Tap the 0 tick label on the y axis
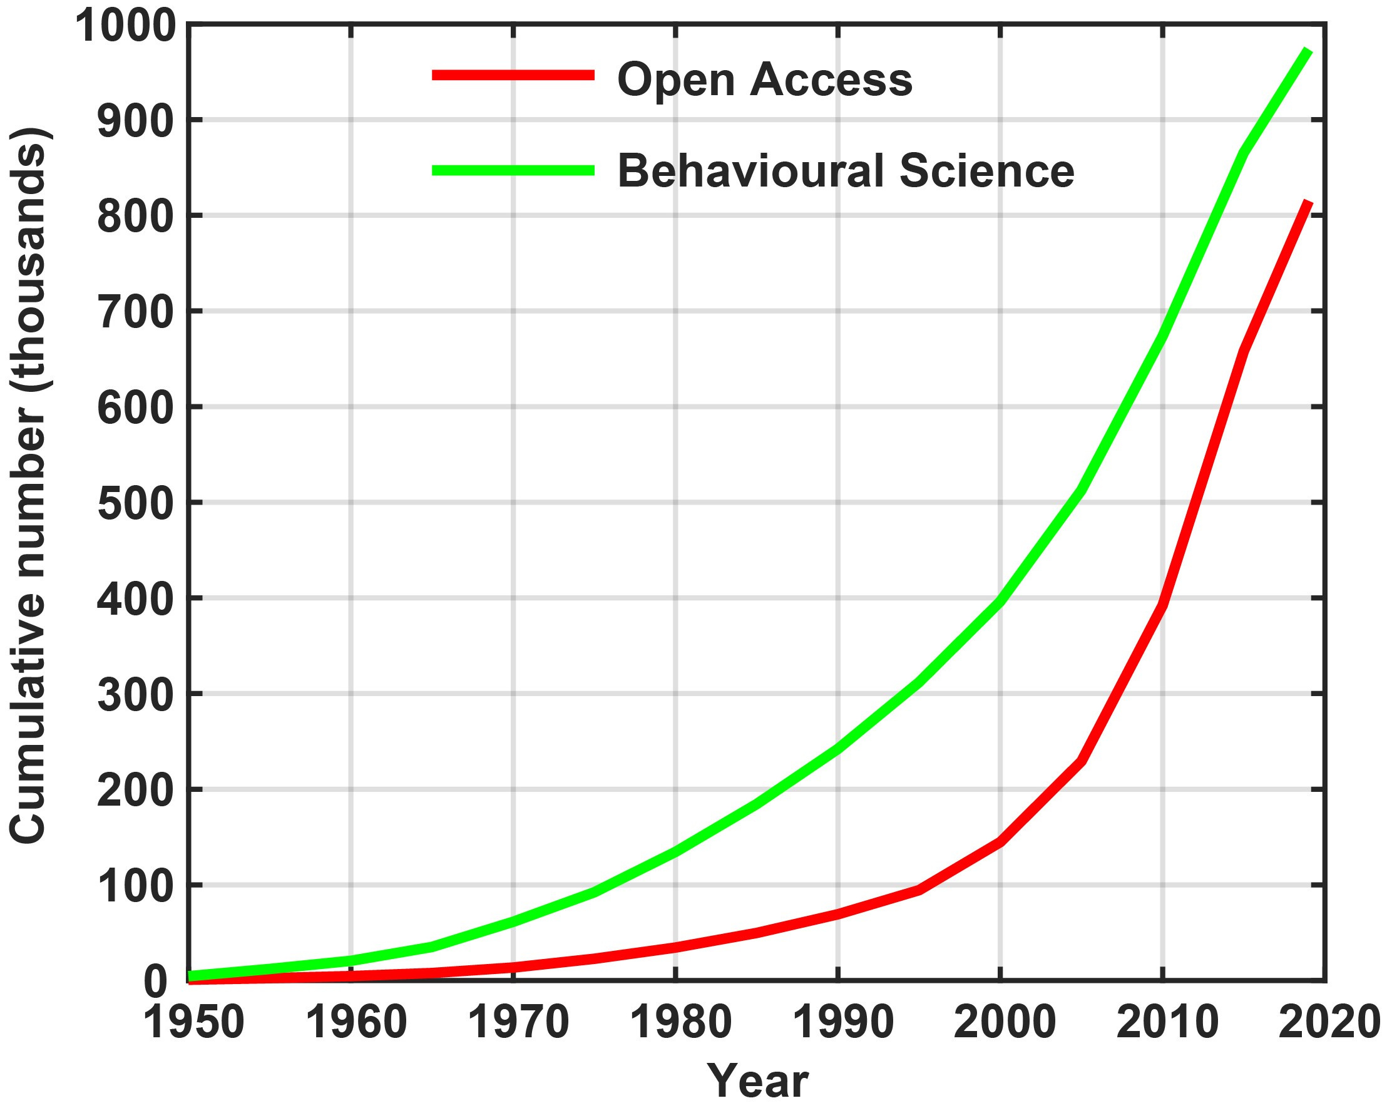click(155, 983)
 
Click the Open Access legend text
click(765, 80)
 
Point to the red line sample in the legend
click(513, 76)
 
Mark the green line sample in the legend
click(513, 170)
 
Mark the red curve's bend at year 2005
click(1082, 761)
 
